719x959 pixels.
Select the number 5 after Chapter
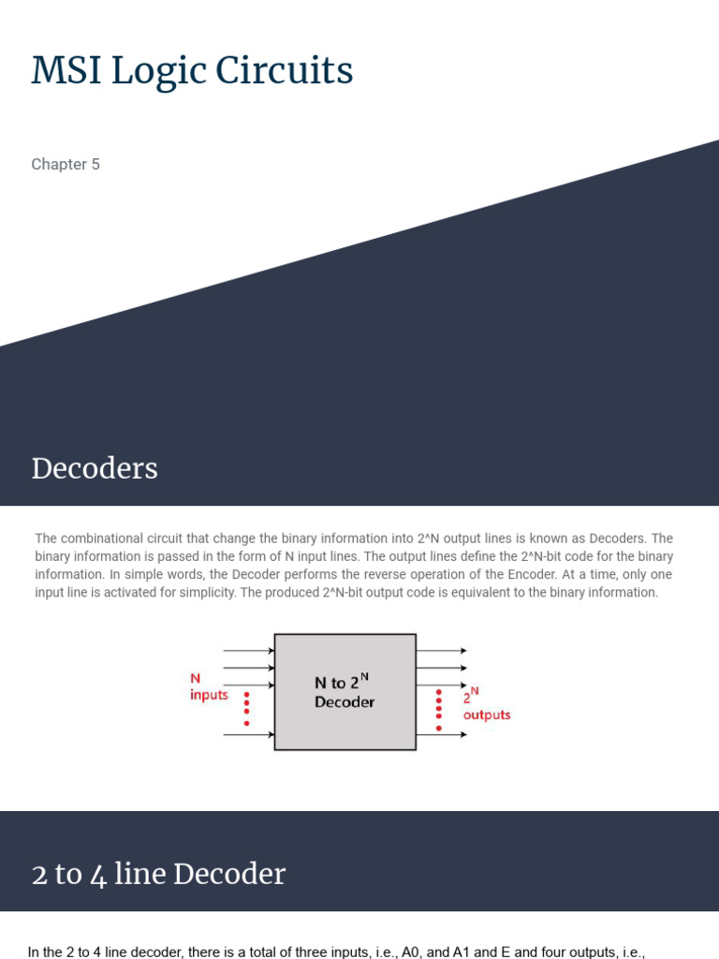click(95, 165)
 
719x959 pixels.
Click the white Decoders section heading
click(95, 468)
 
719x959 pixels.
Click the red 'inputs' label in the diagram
click(209, 696)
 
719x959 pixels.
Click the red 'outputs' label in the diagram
click(487, 715)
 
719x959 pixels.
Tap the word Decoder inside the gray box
click(345, 702)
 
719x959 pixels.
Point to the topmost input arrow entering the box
click(248, 650)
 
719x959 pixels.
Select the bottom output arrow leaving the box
click(441, 735)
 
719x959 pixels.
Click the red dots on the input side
click(246, 709)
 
